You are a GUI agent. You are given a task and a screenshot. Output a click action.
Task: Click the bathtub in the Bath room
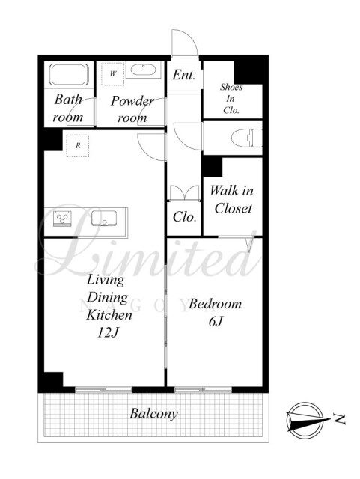point(69,75)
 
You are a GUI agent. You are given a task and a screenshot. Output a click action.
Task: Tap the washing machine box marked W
point(113,74)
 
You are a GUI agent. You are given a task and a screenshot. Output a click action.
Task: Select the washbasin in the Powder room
point(143,70)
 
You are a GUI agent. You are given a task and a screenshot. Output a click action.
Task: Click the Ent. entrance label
point(183,75)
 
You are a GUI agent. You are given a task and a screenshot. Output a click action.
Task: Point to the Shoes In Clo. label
point(231,98)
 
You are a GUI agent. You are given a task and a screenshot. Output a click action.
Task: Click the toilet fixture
point(247,138)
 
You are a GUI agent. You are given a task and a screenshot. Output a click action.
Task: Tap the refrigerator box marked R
point(78,146)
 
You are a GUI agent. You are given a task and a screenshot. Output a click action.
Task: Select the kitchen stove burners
point(62,219)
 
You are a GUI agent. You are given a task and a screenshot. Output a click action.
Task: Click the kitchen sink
point(104,218)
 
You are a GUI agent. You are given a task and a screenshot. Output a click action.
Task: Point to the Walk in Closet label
point(232,200)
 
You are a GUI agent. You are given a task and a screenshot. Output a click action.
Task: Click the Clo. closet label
point(184,217)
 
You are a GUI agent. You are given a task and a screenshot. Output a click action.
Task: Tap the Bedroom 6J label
point(215,312)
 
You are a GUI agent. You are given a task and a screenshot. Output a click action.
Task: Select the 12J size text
point(108,332)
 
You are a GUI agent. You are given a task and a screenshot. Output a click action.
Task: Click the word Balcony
point(153,414)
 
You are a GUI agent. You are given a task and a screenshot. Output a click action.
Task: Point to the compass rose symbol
point(305,421)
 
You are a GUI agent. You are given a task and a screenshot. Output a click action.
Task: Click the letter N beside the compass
point(339,419)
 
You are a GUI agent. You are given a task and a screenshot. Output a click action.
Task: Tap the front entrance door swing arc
point(192,38)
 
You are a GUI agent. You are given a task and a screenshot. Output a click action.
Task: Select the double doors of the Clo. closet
point(184,192)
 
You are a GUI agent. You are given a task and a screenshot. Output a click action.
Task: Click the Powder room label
point(132,109)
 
